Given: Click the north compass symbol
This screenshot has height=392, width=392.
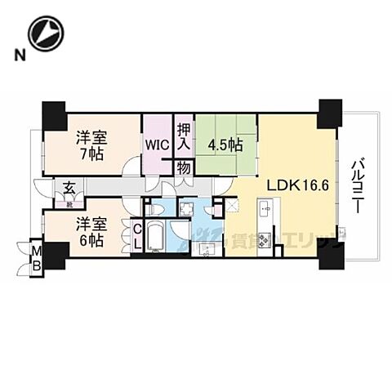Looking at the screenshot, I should coord(44,32).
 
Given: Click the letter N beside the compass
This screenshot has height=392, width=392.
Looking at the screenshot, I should coord(18,55).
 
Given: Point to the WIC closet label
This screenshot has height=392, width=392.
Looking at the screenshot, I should coord(158,145).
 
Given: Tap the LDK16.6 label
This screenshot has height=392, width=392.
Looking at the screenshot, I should coord(283,185).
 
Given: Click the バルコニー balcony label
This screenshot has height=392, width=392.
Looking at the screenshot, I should coord(357,186).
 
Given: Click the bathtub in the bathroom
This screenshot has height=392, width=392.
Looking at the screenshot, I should coord(157,238).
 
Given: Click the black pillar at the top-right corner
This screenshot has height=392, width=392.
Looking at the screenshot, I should coord(331,111).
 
